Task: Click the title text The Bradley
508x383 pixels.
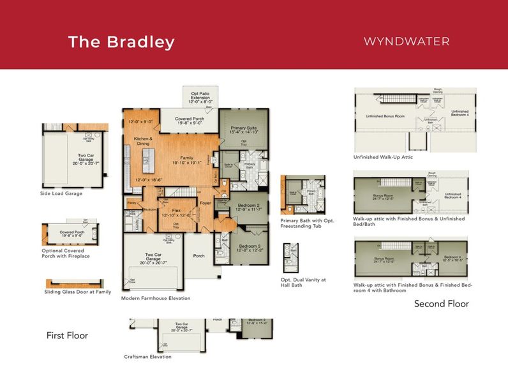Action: tap(121, 42)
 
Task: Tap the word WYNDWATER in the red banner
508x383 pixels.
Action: tap(407, 41)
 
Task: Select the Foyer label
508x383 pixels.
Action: tap(205, 204)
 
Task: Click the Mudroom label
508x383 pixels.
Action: tap(151, 208)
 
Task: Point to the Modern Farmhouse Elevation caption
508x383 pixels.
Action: tap(156, 298)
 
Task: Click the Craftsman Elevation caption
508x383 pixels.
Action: tap(147, 357)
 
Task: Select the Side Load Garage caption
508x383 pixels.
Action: tap(61, 193)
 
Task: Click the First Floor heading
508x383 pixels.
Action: tap(67, 335)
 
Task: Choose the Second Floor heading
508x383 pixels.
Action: tap(442, 303)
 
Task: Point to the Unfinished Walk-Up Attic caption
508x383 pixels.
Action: tap(383, 156)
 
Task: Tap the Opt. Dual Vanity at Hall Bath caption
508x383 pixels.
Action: tap(304, 282)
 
